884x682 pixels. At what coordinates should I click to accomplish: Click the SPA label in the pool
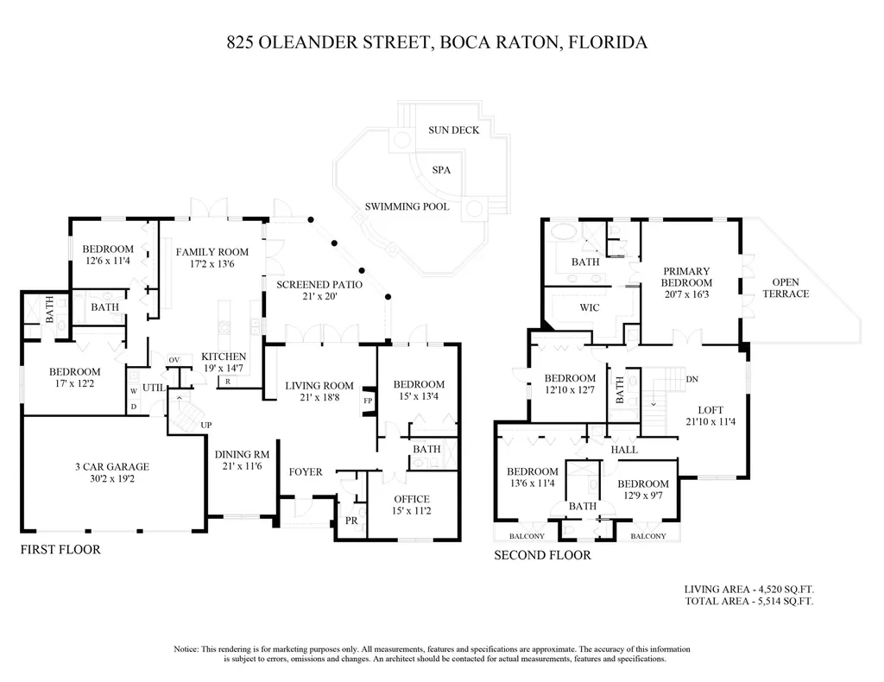coord(441,170)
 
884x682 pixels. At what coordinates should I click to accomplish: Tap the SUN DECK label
coord(454,130)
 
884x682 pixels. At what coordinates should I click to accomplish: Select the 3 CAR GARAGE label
coord(112,467)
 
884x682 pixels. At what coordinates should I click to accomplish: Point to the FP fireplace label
coord(368,401)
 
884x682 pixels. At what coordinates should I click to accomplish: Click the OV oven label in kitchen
coord(174,360)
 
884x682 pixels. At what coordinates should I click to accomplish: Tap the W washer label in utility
coord(134,390)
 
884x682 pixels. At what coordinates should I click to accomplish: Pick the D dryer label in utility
coord(134,407)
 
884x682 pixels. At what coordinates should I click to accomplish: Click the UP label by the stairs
coord(206,425)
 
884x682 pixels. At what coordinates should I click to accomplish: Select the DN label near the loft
coord(692,379)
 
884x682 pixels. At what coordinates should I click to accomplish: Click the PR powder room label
coord(351,521)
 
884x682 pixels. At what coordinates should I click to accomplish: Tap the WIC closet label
coord(590,307)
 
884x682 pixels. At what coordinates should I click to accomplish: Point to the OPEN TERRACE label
coord(786,288)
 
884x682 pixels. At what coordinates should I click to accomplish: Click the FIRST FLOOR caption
coord(60,550)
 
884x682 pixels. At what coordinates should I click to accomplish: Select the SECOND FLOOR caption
coord(542,555)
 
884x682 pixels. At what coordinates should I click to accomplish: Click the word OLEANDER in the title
coord(309,42)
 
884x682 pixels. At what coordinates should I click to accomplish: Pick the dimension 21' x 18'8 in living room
coord(319,397)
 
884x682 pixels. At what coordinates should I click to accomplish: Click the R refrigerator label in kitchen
coord(227,382)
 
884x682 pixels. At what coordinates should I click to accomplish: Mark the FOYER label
coord(306,471)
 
